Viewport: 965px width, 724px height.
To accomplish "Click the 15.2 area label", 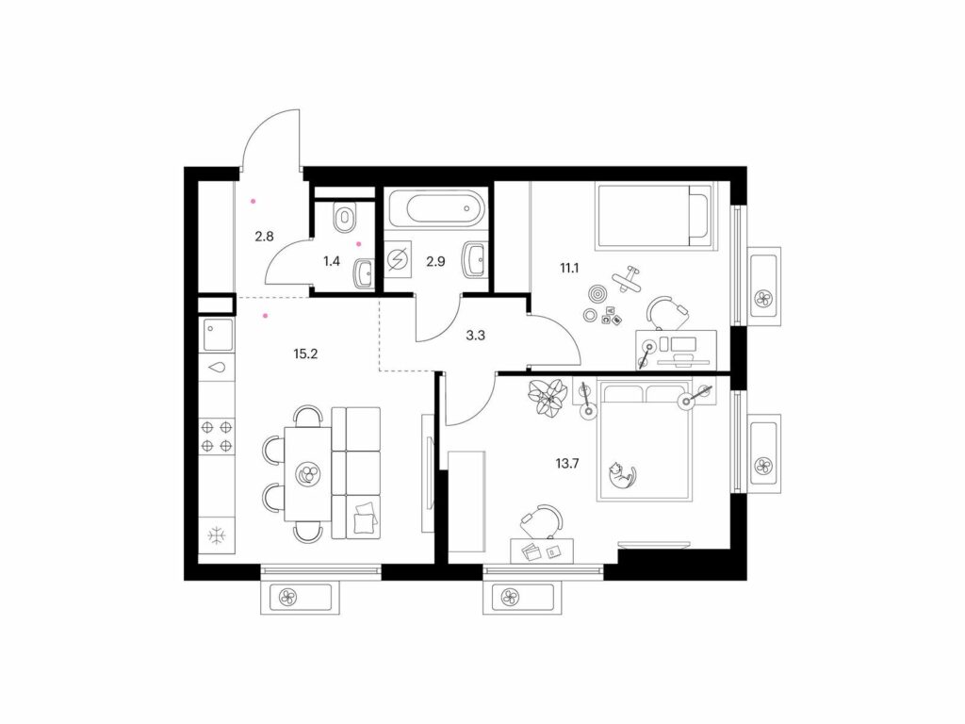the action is click(x=305, y=354).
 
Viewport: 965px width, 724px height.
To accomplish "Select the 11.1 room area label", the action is click(x=570, y=268).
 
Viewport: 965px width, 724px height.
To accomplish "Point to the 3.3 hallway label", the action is click(x=476, y=336).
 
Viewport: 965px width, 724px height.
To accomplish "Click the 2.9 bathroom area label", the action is click(x=435, y=261).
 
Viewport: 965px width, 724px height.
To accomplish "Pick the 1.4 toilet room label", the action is click(x=331, y=261).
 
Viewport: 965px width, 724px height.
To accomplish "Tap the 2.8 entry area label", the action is click(x=264, y=236).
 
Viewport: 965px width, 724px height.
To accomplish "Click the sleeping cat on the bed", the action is click(x=621, y=476).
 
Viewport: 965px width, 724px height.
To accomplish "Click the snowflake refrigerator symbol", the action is click(x=217, y=535).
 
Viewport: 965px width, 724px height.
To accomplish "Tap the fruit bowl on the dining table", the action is click(x=306, y=475).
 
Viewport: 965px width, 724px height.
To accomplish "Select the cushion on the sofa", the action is click(x=365, y=518).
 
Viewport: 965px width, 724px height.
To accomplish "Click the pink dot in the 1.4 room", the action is click(x=359, y=244).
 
